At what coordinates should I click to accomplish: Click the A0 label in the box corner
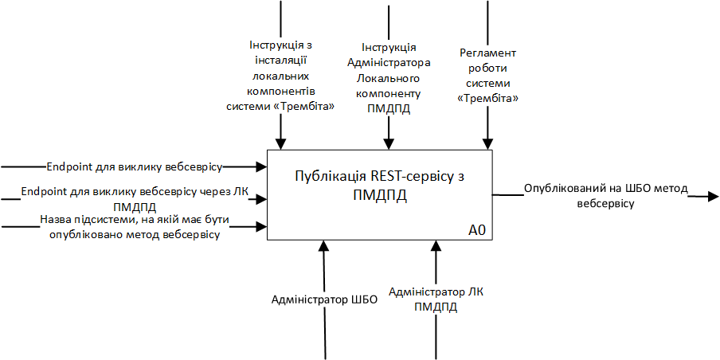coord(477,231)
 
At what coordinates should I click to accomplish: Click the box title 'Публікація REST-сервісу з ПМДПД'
coord(378,185)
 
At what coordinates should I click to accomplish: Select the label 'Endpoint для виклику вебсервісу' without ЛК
coord(134,167)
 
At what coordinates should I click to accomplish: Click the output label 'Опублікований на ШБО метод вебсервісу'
coord(606,197)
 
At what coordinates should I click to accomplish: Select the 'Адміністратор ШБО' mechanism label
coord(324,300)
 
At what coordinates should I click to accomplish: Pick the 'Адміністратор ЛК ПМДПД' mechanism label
coord(436,299)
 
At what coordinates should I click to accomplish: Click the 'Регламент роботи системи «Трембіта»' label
coord(488,76)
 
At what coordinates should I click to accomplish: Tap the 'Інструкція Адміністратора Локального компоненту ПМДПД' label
coord(389,79)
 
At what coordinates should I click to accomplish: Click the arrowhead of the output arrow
coord(713,195)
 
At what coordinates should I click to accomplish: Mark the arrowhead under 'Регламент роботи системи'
coord(488,144)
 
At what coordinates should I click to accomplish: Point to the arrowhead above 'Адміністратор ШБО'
coord(324,246)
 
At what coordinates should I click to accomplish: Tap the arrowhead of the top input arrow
coord(261,166)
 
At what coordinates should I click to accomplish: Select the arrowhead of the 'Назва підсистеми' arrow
coord(261,227)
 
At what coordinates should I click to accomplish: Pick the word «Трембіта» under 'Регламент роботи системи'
coord(488,98)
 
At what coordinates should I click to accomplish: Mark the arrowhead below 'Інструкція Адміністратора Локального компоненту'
coord(389,144)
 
